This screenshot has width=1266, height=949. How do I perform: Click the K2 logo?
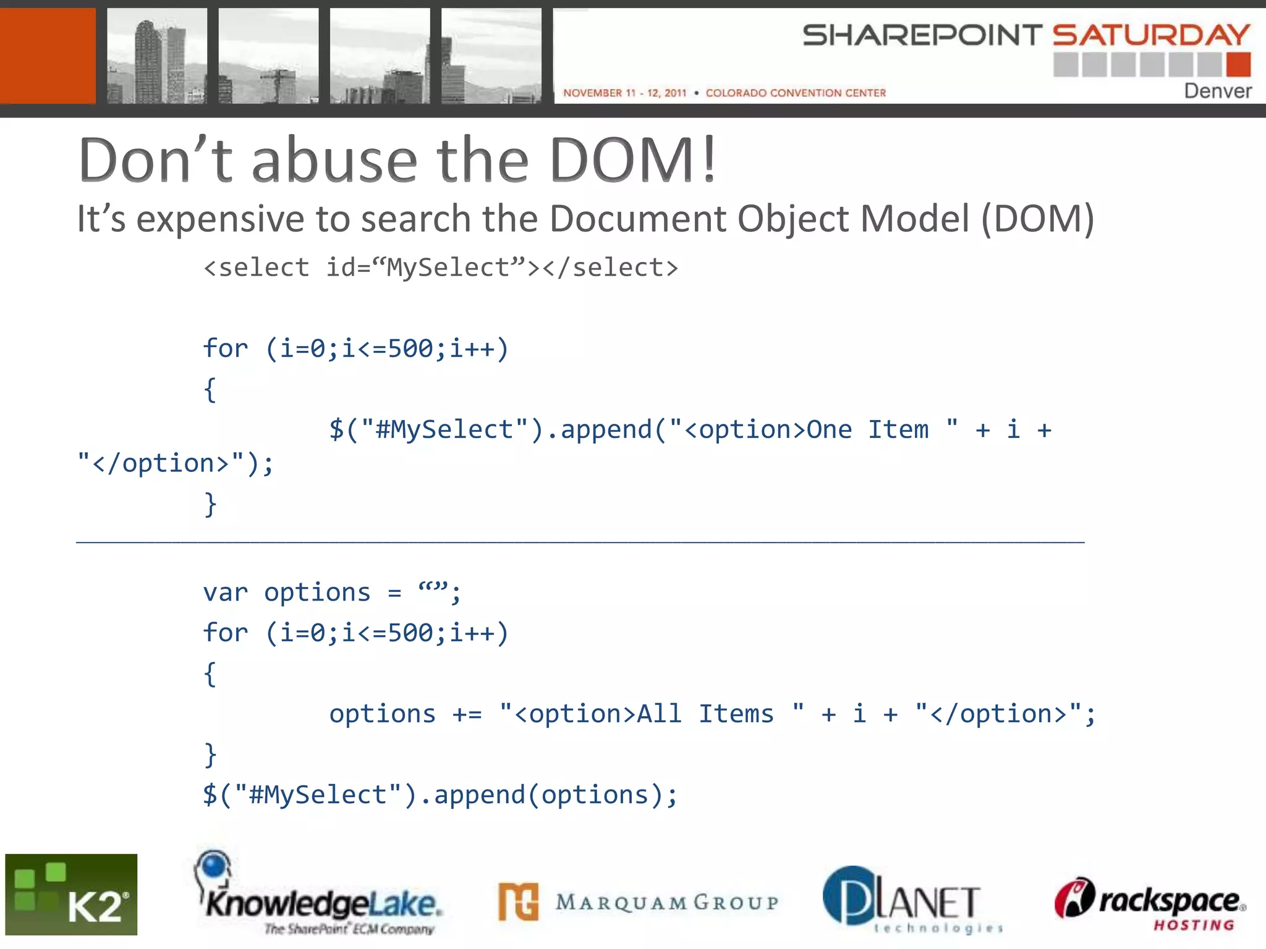(71, 894)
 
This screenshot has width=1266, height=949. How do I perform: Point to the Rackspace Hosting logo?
(1150, 903)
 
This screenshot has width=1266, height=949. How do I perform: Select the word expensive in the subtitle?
(221, 219)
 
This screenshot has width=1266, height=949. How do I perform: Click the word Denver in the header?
(1217, 91)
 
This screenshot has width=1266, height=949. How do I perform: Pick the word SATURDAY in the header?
(1150, 35)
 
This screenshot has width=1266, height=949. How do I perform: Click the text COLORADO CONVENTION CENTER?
(796, 93)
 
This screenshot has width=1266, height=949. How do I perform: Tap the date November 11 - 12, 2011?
(624, 93)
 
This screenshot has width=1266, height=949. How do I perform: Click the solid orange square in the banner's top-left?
(48, 56)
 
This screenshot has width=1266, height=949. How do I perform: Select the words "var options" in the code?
(287, 593)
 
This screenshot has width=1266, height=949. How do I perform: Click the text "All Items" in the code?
(705, 714)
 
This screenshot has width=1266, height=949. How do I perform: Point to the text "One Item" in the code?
(867, 429)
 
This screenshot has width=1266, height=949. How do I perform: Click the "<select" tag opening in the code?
(256, 268)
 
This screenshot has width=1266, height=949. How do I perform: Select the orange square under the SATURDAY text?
(1238, 64)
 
